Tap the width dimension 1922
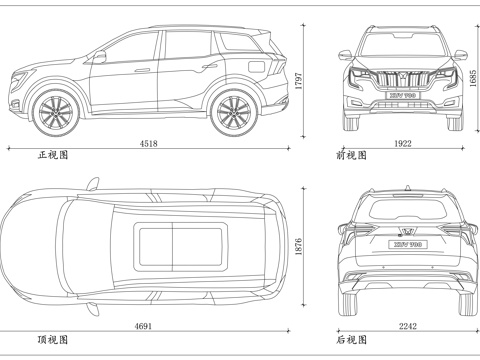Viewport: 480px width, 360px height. [402, 144]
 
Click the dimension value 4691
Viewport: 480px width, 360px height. [143, 326]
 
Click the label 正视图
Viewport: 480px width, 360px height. [53, 156]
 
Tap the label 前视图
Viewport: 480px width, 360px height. [352, 156]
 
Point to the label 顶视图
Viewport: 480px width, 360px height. [53, 340]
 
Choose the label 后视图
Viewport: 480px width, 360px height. [352, 340]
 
